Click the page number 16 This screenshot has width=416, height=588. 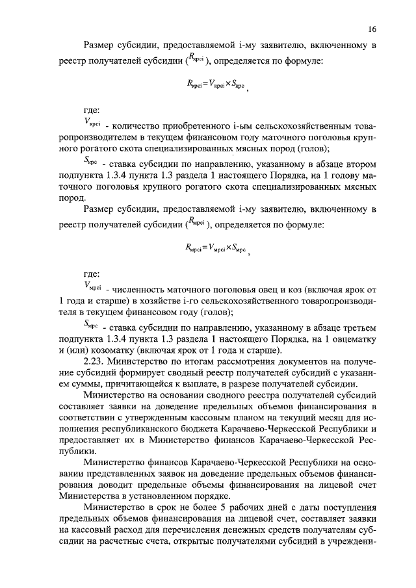[372, 29]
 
